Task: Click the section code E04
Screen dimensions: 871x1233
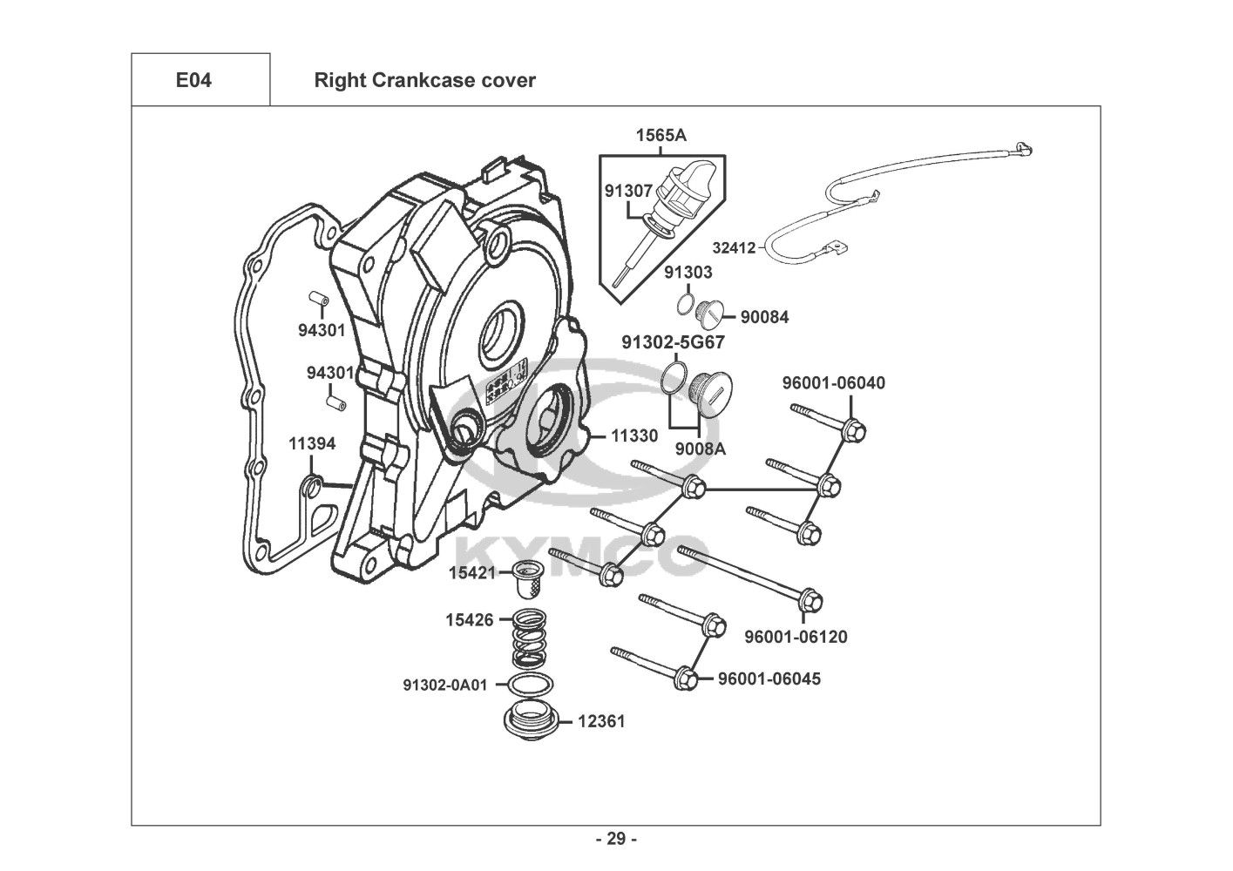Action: click(193, 81)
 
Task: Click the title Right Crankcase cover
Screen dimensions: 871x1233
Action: click(424, 81)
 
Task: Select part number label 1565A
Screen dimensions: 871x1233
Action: click(661, 135)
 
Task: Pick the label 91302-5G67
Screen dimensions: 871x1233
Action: click(673, 342)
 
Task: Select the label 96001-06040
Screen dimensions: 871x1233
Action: click(833, 383)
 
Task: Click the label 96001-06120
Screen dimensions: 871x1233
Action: click(796, 637)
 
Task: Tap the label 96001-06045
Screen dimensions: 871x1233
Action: click(769, 679)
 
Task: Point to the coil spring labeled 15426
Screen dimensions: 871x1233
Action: click(529, 640)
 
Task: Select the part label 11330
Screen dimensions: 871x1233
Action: click(633, 435)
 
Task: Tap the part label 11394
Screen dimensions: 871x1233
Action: click(312, 444)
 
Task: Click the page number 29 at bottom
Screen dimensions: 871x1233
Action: click(616, 840)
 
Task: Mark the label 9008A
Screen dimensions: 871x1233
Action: click(701, 449)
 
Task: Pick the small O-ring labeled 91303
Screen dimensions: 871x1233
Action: click(686, 305)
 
